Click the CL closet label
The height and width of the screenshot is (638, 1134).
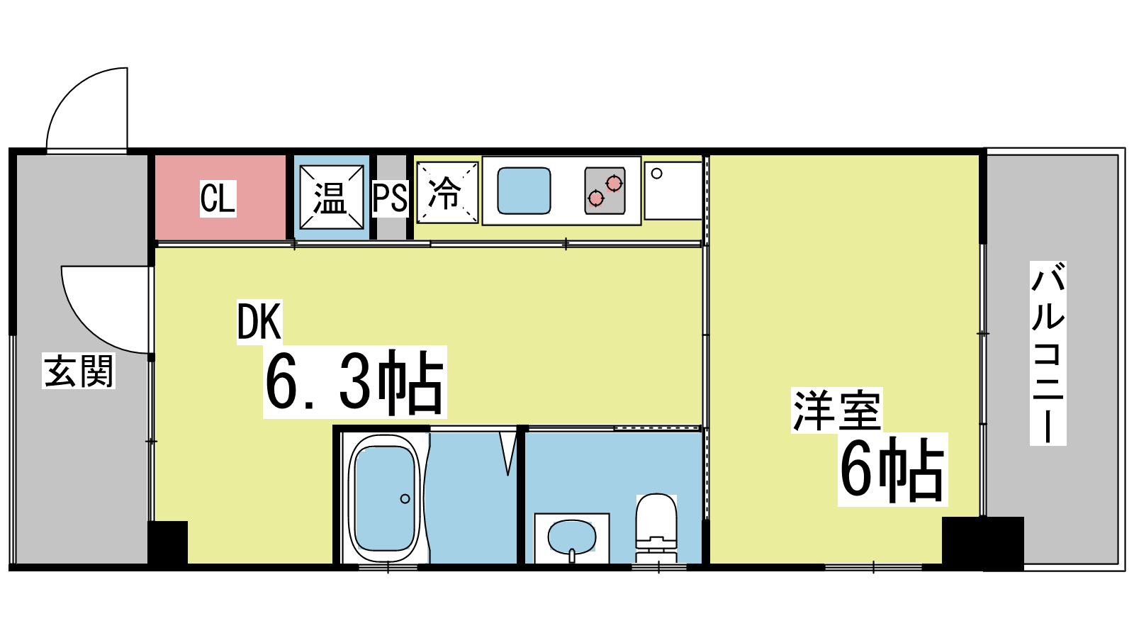click(218, 198)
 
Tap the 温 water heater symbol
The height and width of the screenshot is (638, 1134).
click(332, 197)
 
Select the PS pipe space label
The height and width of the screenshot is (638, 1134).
click(390, 198)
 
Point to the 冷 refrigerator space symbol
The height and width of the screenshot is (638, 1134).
click(447, 192)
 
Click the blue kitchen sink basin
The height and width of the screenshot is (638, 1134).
click(524, 191)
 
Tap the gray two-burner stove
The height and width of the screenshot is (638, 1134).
click(605, 191)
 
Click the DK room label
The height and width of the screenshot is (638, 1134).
click(259, 322)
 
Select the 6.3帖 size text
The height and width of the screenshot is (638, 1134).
click(354, 382)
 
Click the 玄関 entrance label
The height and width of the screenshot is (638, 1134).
click(79, 371)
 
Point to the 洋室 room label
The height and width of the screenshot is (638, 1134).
click(837, 410)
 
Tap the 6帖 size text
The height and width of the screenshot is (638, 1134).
click(892, 469)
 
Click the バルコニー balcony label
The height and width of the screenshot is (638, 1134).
click(1048, 354)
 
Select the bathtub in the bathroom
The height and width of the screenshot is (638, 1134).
click(386, 498)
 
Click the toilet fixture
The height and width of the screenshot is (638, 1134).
click(656, 528)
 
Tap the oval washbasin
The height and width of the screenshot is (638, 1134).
click(572, 538)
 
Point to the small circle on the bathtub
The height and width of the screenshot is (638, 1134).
click(405, 499)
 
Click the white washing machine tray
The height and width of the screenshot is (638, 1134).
click(673, 191)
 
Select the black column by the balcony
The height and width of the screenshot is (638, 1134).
click(982, 543)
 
